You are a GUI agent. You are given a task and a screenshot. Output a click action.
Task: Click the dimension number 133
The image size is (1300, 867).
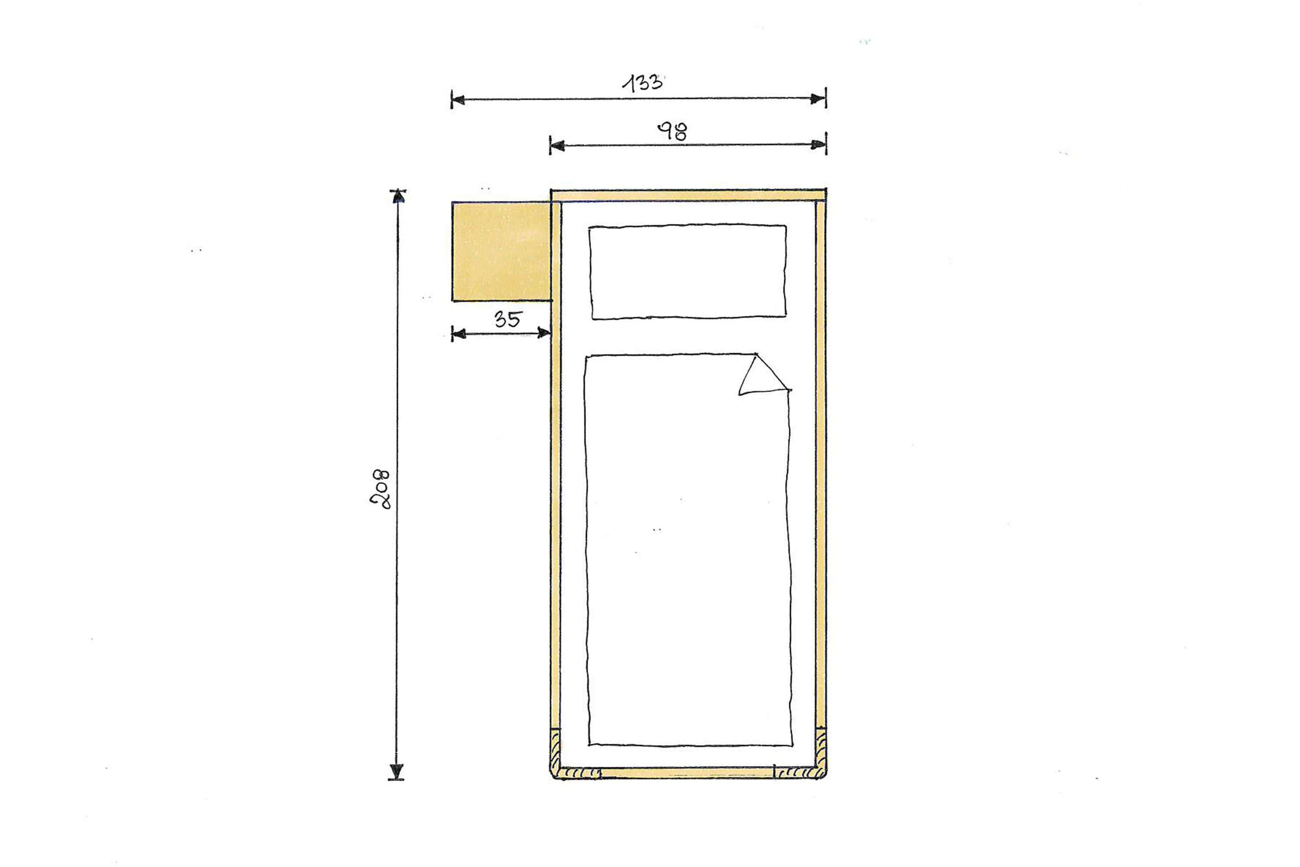tap(642, 83)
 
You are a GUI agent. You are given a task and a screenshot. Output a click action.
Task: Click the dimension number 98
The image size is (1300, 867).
tap(672, 132)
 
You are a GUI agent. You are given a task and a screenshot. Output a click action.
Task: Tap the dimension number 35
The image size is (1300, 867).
tap(507, 319)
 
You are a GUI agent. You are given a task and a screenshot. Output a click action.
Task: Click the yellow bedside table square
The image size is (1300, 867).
tap(501, 251)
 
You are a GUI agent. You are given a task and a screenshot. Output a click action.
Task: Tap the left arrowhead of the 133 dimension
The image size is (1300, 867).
tap(458, 100)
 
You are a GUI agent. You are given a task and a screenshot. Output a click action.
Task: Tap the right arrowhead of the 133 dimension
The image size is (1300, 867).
tap(818, 99)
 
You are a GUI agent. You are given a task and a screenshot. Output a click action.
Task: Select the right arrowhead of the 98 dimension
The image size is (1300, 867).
tap(818, 145)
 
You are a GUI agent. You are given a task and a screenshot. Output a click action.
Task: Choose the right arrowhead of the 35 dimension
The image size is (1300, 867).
tap(544, 333)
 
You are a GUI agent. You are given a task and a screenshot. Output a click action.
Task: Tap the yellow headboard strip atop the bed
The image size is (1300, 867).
tap(688, 195)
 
